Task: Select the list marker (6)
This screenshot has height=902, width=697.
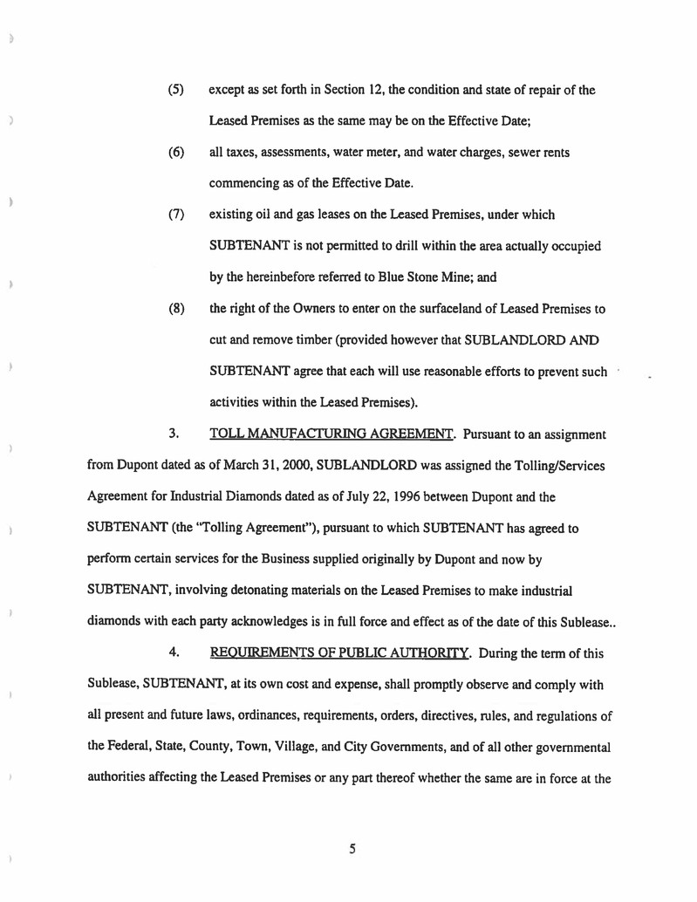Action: coord(174,153)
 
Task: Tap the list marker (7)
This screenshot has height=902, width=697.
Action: coord(174,214)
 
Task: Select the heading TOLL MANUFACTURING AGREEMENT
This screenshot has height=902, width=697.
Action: coord(333,433)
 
